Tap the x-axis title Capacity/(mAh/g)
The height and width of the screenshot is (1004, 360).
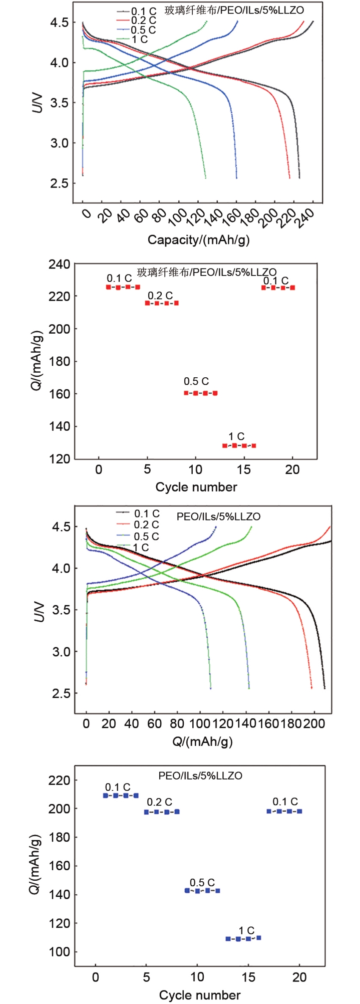tap(198, 240)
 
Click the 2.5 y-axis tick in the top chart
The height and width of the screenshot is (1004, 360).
tap(59, 183)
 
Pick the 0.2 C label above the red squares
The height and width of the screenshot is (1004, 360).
tap(160, 296)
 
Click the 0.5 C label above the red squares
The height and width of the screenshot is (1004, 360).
tap(196, 381)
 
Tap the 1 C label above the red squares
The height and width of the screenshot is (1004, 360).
tap(236, 436)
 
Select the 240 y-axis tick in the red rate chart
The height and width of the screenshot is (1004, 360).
tap(59, 264)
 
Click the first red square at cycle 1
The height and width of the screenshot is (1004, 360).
tap(108, 287)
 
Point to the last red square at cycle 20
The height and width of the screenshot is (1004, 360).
tap(292, 288)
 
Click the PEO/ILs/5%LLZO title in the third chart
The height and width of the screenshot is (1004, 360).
tap(218, 517)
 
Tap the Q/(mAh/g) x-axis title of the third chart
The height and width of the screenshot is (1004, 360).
tap(202, 741)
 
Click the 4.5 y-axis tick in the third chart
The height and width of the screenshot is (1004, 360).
tap(61, 527)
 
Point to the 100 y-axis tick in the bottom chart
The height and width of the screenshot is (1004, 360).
tap(59, 951)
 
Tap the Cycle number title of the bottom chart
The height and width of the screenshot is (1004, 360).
tap(199, 995)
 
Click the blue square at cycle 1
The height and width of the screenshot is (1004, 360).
tap(105, 796)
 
